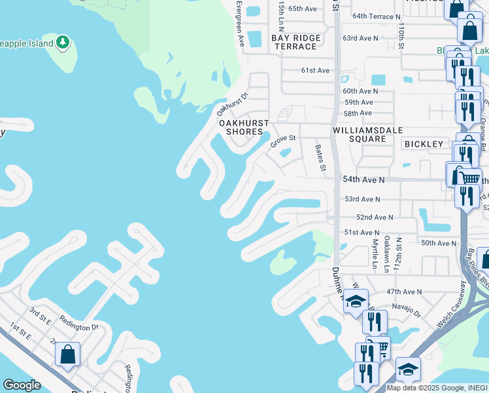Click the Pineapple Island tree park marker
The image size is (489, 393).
[x=63, y=43]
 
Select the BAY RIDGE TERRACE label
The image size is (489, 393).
[x=296, y=43]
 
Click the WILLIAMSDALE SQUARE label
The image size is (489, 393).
[x=359, y=134]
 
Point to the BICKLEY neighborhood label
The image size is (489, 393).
[x=424, y=143]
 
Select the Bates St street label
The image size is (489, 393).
[x=320, y=159]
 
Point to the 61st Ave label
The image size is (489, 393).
[x=315, y=70]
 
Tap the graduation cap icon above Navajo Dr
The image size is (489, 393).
[x=356, y=301]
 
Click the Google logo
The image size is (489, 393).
[x=22, y=385]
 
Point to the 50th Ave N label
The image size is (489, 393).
[x=438, y=243]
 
